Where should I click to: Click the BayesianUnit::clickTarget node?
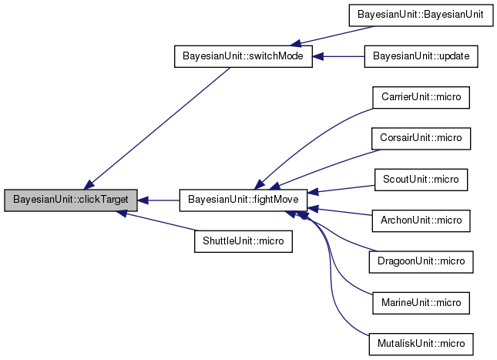[x=71, y=200]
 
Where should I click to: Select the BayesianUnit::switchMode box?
[x=243, y=57]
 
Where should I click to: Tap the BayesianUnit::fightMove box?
[x=243, y=200]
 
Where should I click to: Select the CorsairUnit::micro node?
[x=421, y=139]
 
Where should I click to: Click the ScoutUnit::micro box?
[x=421, y=180]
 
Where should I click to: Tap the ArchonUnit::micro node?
[x=421, y=220]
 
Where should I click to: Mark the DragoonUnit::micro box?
[x=421, y=261]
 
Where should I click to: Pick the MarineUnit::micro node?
[x=421, y=302]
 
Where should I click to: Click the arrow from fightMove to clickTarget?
[x=159, y=200]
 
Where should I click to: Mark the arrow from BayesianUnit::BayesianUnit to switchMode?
[x=331, y=35]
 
